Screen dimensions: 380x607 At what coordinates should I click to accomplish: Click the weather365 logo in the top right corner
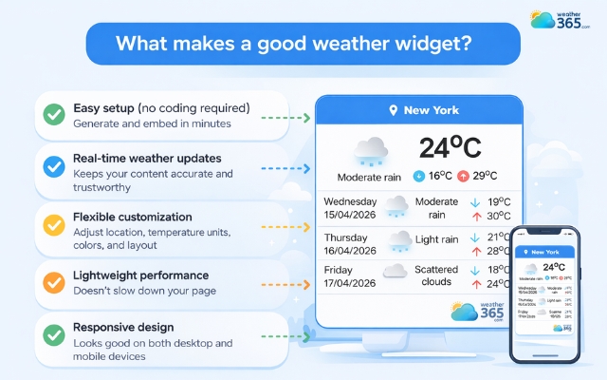point(561,20)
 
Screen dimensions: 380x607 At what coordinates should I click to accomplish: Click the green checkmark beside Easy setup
point(54,115)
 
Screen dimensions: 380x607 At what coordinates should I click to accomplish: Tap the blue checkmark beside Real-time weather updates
point(54,166)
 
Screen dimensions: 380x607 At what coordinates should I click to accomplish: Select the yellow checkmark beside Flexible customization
point(54,225)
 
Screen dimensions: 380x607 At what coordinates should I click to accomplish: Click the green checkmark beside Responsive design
point(54,334)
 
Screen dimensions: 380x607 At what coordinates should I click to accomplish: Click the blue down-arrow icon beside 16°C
point(419,177)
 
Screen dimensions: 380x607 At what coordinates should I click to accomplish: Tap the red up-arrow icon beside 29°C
point(463,177)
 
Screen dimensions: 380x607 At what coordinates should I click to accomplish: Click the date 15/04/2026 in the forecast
point(351,215)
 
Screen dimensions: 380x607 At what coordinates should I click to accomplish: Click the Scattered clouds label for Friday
point(436,276)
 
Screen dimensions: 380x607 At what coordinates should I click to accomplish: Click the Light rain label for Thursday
point(437,237)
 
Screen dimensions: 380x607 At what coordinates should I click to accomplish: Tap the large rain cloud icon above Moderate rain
point(371,150)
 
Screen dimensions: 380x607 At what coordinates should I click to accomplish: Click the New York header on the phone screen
point(544,252)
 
